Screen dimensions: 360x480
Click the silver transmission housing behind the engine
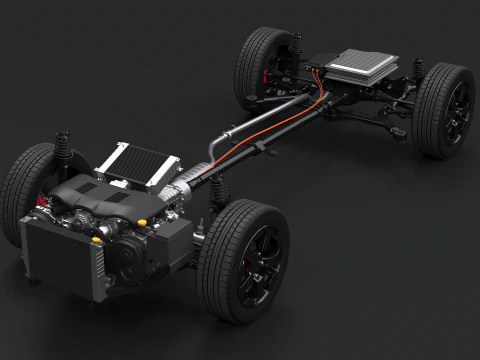point(185,185)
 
